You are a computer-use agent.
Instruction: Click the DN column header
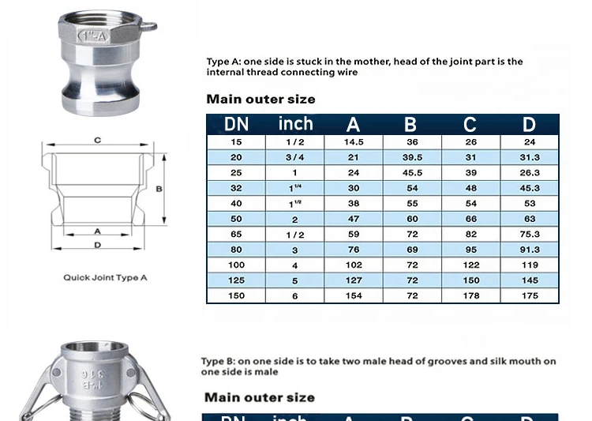click(x=236, y=124)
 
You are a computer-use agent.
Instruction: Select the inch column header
click(x=296, y=123)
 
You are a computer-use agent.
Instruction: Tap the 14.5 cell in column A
click(x=354, y=142)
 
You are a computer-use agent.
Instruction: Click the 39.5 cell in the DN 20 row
click(x=412, y=157)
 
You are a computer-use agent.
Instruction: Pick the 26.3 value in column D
click(x=530, y=173)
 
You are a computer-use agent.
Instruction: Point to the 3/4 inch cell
click(x=294, y=157)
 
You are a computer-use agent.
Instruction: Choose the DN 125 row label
click(x=236, y=280)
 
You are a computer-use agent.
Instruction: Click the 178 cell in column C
click(x=470, y=296)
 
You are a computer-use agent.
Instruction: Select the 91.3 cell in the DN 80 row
click(x=530, y=250)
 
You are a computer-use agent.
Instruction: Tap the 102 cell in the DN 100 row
click(x=354, y=265)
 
